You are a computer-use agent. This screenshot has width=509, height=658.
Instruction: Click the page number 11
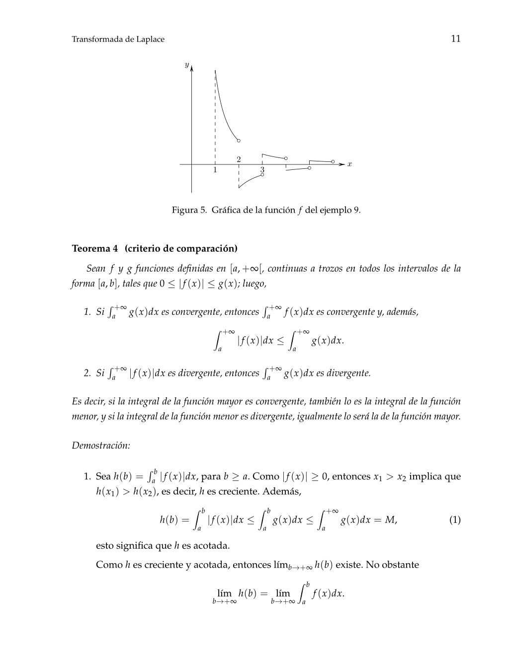pos(455,39)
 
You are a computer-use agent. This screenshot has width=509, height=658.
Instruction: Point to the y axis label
pos(186,65)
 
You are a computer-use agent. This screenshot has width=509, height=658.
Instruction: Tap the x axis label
pos(349,164)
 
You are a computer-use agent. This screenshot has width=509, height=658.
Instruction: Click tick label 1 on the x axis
pos(215,170)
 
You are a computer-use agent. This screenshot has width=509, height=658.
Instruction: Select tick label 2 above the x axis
pos(239,159)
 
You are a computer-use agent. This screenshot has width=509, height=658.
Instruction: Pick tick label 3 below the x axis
pos(262,170)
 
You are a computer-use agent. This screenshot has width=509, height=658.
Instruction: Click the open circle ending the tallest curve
pos(239,141)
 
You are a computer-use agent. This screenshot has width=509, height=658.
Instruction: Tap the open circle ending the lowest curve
pos(262,175)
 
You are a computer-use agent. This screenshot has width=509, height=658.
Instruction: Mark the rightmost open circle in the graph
pos(333,162)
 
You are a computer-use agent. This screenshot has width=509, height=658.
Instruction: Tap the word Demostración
pos(101,445)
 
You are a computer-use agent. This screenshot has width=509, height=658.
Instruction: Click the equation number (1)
pos(455,520)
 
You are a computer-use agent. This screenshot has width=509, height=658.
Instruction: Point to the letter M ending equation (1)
pos(390,520)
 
